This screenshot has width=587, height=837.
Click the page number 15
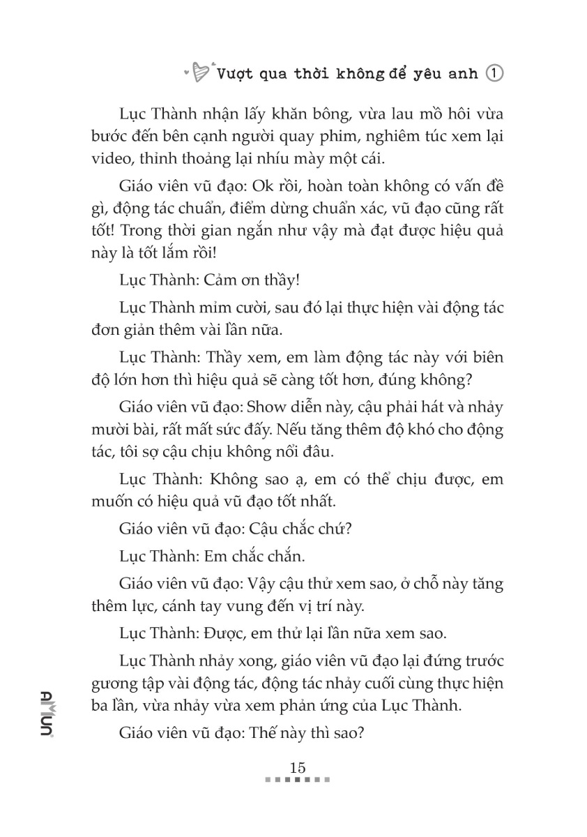tap(298, 767)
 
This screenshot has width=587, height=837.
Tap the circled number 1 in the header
tap(494, 73)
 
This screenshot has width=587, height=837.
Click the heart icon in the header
tap(199, 72)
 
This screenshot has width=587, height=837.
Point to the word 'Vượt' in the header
tap(235, 73)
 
